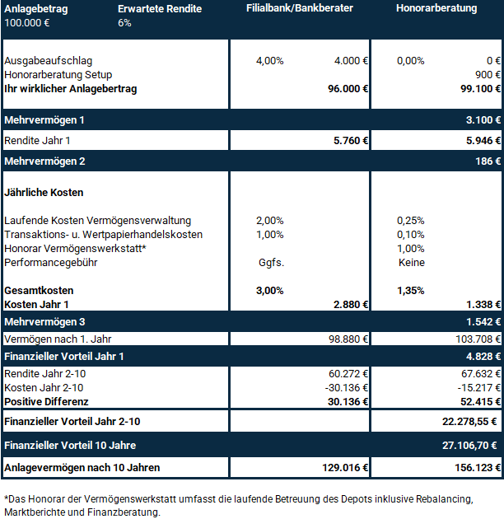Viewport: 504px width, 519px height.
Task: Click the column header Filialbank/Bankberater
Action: (300, 8)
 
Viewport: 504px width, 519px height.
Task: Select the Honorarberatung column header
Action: (436, 8)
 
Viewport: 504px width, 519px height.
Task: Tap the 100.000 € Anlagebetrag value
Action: (26, 22)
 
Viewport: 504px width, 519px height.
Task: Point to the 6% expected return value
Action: (124, 22)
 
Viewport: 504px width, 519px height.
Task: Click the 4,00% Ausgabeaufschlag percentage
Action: (270, 61)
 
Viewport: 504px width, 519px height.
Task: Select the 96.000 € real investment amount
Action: (348, 88)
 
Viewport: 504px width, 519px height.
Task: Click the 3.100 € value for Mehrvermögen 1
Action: (483, 120)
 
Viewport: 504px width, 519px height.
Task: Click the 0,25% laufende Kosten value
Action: (410, 220)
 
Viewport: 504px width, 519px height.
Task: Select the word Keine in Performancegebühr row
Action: (410, 263)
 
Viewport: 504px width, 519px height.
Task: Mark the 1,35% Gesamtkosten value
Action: (410, 291)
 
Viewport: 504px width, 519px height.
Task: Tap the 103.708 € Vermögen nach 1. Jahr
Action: (477, 339)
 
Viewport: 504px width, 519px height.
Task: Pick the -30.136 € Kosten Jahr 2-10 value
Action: (345, 387)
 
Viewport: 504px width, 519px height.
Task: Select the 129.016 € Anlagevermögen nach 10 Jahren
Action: (345, 467)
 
